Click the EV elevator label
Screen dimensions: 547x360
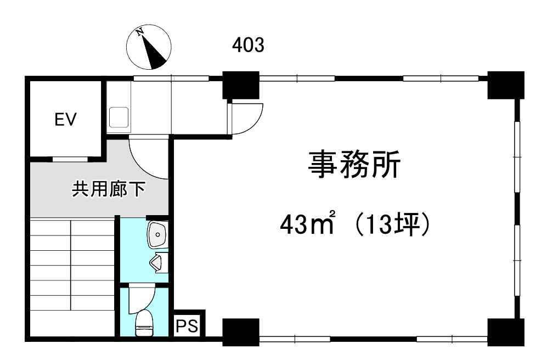(x=66, y=119)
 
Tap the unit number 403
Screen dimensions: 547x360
(x=249, y=46)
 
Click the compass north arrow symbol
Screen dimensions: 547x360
(x=149, y=47)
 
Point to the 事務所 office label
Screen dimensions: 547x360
(x=354, y=165)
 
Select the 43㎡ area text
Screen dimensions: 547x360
(x=307, y=224)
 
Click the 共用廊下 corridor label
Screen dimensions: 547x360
(x=109, y=189)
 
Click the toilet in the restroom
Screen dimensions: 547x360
(x=144, y=323)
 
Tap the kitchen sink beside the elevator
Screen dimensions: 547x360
(x=119, y=117)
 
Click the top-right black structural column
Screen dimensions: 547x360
(x=506, y=85)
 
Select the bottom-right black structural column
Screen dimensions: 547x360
(x=506, y=332)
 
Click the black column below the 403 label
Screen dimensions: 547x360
(x=241, y=85)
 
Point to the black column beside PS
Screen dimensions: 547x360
(x=241, y=332)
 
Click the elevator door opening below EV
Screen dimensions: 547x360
(x=70, y=159)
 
